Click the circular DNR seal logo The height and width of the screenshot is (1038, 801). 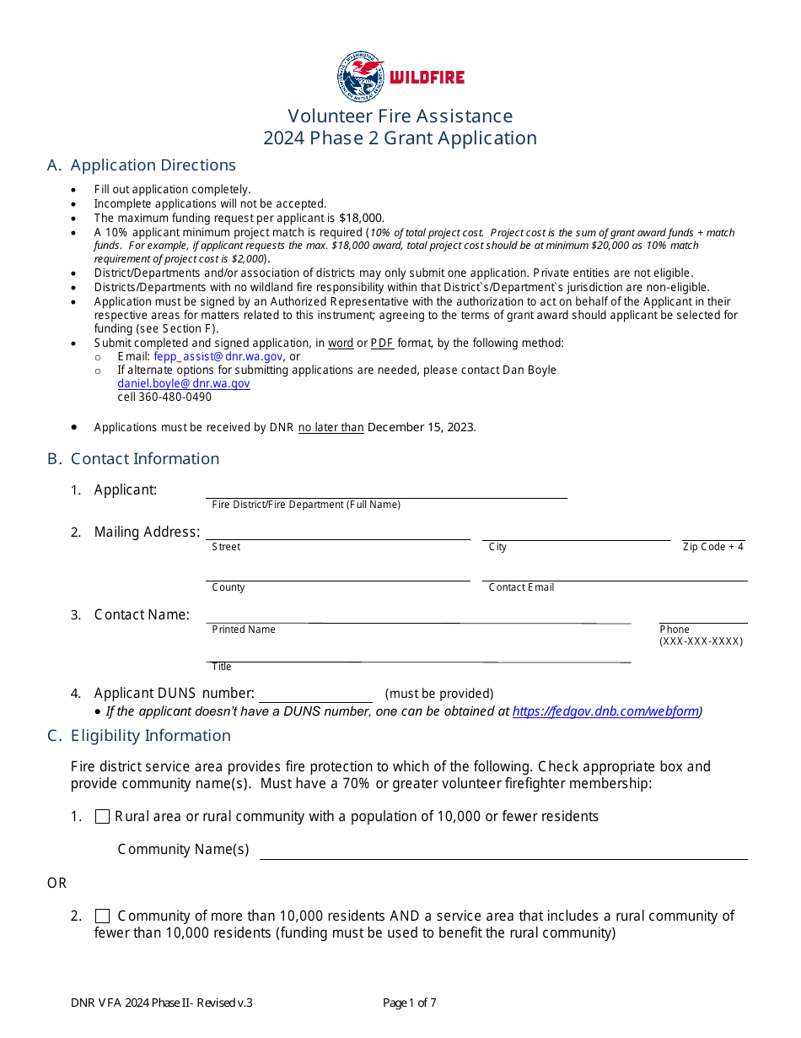[x=360, y=77]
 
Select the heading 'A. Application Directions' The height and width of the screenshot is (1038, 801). [x=142, y=165]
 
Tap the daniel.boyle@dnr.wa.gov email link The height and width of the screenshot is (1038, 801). [x=184, y=384]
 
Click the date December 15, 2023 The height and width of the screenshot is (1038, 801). [x=422, y=428]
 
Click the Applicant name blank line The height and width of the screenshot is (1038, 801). [x=386, y=491]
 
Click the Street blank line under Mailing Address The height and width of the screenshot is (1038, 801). [x=338, y=533]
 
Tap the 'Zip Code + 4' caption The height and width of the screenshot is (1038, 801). [x=713, y=547]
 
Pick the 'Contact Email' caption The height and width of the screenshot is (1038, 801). [x=521, y=587]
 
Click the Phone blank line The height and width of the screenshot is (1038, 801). [x=703, y=617]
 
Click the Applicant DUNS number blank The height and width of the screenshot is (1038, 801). [x=315, y=695]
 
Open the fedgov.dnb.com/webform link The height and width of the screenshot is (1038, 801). [x=605, y=711]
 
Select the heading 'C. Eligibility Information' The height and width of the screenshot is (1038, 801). [x=139, y=736]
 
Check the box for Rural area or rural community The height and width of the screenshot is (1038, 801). [x=103, y=817]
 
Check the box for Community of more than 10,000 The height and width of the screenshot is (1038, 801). [x=103, y=916]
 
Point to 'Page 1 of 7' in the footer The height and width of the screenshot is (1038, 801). [x=410, y=1003]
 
